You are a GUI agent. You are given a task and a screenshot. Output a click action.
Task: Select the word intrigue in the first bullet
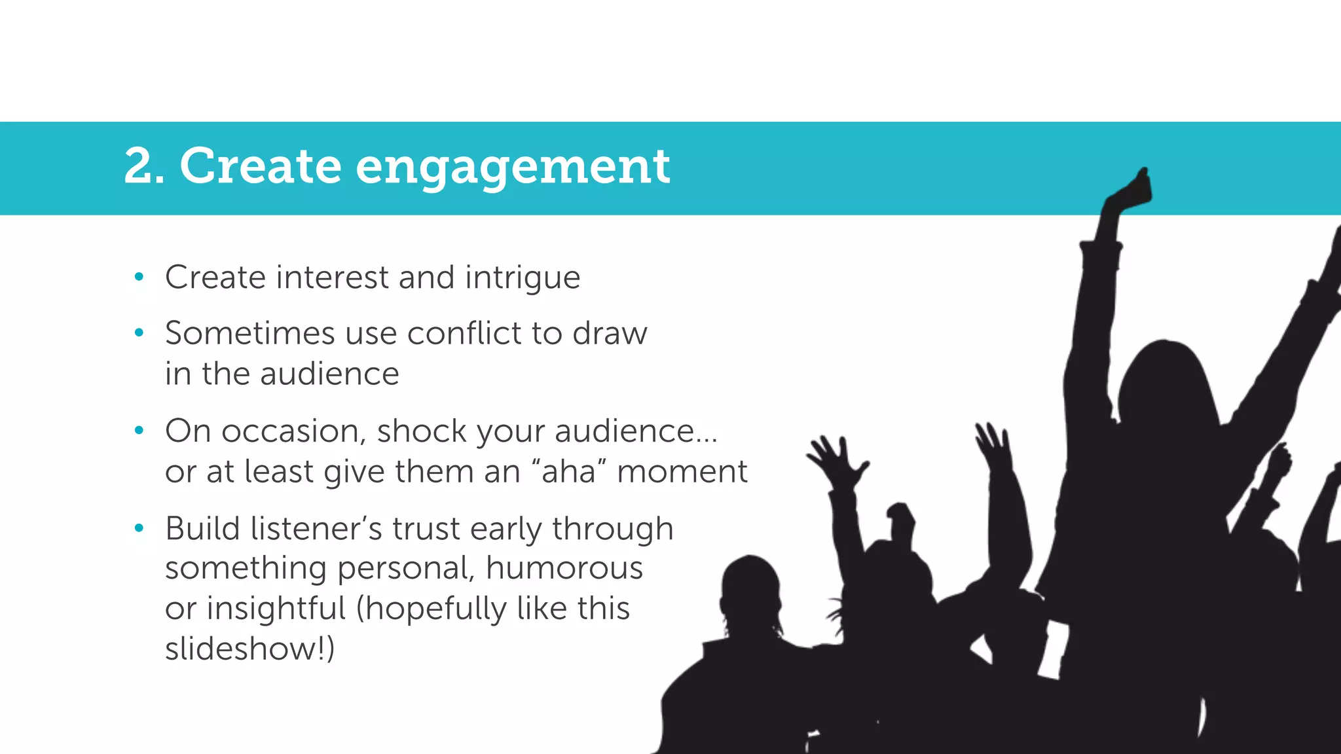[523, 278]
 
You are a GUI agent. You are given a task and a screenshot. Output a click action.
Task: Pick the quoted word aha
[568, 471]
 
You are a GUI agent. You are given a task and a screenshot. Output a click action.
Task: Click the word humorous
[564, 568]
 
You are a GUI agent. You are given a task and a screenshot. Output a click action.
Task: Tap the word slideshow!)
[249, 649]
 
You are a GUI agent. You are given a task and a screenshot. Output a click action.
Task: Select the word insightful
[276, 609]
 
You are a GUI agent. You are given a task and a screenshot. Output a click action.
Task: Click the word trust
[426, 529]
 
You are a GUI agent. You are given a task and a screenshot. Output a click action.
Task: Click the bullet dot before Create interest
[139, 278]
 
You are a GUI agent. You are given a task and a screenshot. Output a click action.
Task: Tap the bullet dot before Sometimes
[139, 333]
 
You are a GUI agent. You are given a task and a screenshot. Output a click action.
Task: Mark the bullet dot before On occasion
[139, 431]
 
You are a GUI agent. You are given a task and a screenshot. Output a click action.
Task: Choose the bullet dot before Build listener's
[139, 528]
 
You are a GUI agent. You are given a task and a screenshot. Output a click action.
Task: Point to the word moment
[682, 472]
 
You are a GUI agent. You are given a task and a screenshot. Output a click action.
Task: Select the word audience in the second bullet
[329, 374]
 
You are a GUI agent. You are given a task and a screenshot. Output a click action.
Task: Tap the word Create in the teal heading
[260, 166]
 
